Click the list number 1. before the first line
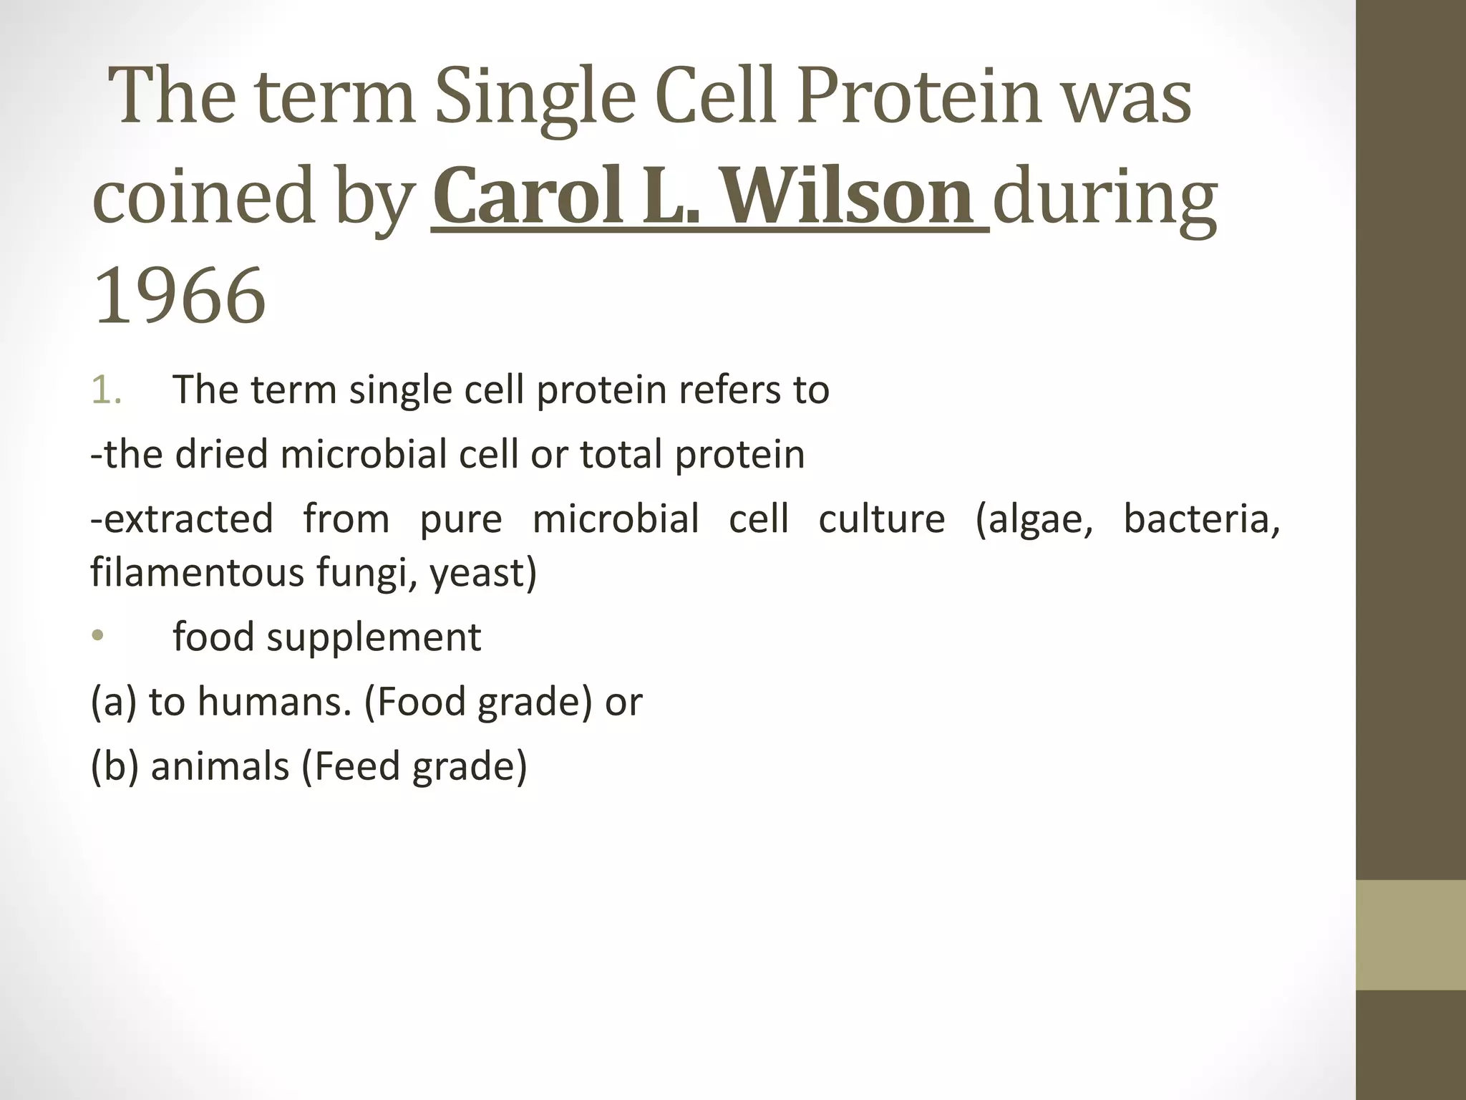point(108,390)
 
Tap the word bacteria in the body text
point(1200,519)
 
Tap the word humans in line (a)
point(274,702)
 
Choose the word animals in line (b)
point(220,766)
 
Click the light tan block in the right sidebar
point(1410,935)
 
